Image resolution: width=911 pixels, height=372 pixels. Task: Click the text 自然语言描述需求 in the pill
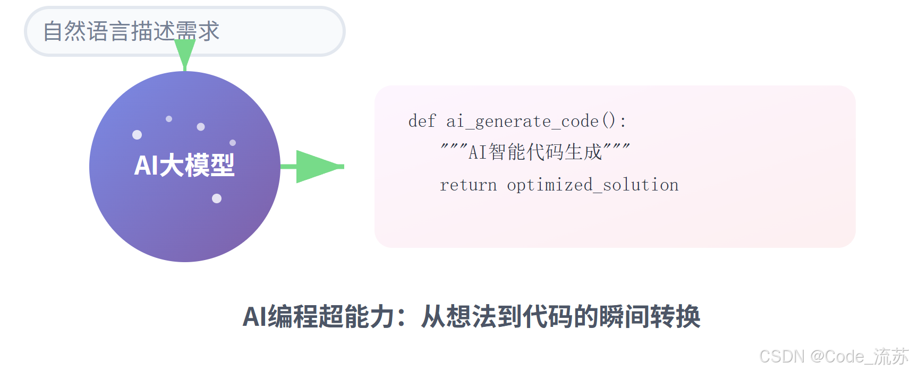[131, 31]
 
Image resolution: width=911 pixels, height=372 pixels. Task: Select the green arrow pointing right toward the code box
[312, 167]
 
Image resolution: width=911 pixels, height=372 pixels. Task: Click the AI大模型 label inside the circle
[184, 165]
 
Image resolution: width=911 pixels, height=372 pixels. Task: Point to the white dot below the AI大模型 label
[217, 198]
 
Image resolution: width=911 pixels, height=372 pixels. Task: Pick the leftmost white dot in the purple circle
[137, 135]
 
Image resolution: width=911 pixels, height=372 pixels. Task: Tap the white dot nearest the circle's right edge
[233, 143]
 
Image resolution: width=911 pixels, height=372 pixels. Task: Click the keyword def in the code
[422, 121]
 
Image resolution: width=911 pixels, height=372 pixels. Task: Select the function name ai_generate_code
[523, 122]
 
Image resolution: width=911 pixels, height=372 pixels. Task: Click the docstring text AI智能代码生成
[535, 152]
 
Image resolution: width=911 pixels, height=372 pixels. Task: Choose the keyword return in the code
[469, 185]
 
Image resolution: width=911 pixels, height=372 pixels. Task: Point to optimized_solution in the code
[593, 185]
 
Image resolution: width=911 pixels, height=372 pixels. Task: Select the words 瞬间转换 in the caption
[650, 317]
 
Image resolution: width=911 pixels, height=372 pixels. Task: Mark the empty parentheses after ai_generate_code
[609, 121]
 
